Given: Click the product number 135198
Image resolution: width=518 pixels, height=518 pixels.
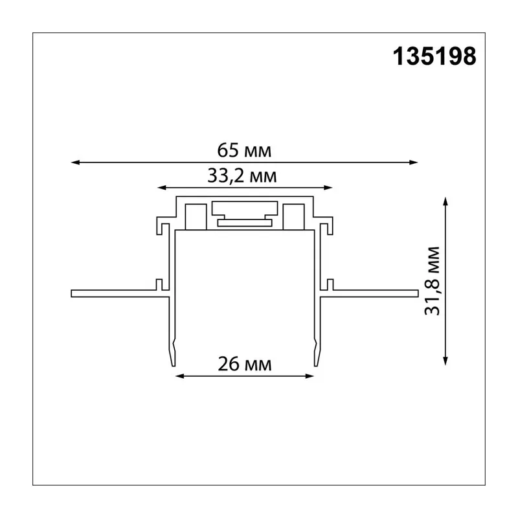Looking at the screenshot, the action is pyautogui.click(x=434, y=56).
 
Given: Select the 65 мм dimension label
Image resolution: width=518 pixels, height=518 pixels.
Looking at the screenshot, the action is pyautogui.click(x=244, y=150).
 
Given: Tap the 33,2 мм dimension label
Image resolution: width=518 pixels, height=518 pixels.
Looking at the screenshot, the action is pyautogui.click(x=242, y=175).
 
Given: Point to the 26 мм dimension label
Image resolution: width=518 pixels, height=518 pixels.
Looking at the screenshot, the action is pyautogui.click(x=245, y=364).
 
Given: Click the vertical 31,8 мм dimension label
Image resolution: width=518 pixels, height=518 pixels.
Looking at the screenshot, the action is pyautogui.click(x=433, y=281).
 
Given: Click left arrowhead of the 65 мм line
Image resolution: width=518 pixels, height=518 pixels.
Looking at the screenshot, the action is pyautogui.click(x=75, y=163).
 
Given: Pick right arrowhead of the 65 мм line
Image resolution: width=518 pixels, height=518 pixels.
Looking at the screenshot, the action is pyautogui.click(x=414, y=163).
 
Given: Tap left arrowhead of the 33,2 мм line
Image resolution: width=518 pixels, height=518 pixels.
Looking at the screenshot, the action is pyautogui.click(x=161, y=188).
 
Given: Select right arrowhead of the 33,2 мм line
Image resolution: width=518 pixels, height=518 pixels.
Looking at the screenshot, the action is pyautogui.click(x=328, y=188).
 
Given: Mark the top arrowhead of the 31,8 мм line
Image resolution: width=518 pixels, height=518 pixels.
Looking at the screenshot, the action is pyautogui.click(x=445, y=201).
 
